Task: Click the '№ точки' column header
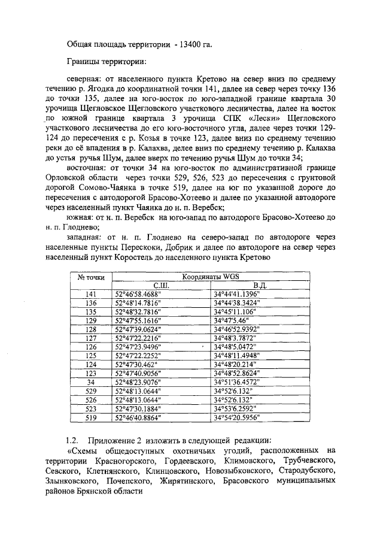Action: point(92,277)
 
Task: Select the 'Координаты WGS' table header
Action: point(211,277)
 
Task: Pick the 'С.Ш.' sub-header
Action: point(162,286)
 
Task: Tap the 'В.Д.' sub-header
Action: point(260,286)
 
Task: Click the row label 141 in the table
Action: point(92,294)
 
